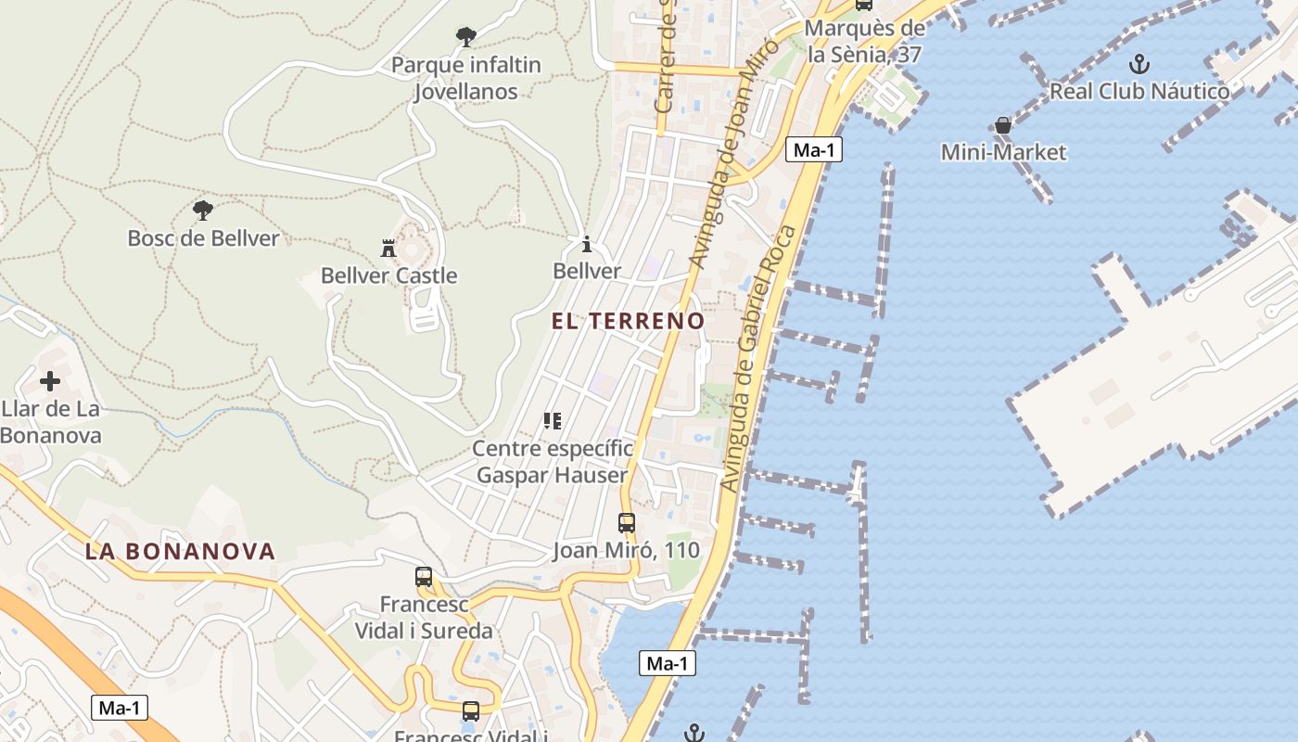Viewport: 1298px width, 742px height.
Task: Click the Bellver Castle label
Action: point(388,275)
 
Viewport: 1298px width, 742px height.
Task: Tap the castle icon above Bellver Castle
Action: point(388,248)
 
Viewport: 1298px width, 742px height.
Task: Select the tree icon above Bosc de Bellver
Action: point(203,210)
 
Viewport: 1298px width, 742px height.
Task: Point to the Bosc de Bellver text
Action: point(203,238)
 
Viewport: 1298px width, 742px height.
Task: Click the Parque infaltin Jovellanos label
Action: point(466,79)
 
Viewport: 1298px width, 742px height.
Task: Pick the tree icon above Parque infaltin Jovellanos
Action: point(466,37)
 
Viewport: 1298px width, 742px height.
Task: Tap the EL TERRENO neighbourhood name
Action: point(628,321)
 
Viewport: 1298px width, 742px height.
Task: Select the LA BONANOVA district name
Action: point(181,551)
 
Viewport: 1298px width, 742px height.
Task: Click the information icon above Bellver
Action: point(586,245)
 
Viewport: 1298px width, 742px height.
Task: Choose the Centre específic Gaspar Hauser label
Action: point(553,462)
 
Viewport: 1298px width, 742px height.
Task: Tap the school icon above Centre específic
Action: point(553,421)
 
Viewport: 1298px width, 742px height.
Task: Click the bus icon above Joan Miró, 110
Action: point(627,522)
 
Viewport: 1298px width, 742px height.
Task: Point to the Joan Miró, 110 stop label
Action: point(627,550)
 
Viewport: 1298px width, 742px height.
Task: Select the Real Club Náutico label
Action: point(1139,91)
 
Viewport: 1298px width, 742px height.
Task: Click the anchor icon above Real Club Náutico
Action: point(1139,64)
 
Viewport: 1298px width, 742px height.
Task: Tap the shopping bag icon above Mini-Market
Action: point(1003,124)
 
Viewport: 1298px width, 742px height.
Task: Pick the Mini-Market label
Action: point(1003,152)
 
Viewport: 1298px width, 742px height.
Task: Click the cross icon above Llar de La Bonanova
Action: point(50,381)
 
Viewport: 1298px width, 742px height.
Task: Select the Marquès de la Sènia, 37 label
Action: point(864,42)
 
